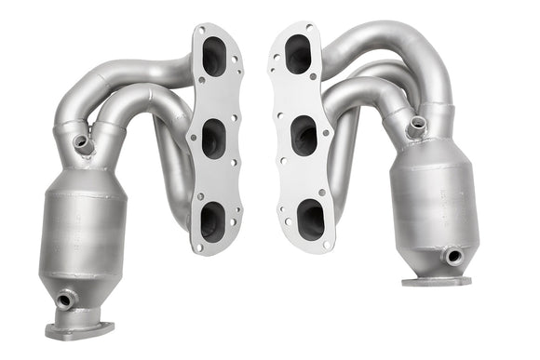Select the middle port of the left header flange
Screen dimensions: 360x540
(x=212, y=138)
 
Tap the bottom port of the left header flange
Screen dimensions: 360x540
(x=211, y=220)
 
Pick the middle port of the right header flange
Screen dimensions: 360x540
(x=304, y=135)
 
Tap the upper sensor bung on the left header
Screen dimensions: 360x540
(x=84, y=144)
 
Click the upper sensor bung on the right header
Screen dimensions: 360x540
(x=416, y=125)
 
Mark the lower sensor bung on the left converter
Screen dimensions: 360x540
(x=65, y=300)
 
